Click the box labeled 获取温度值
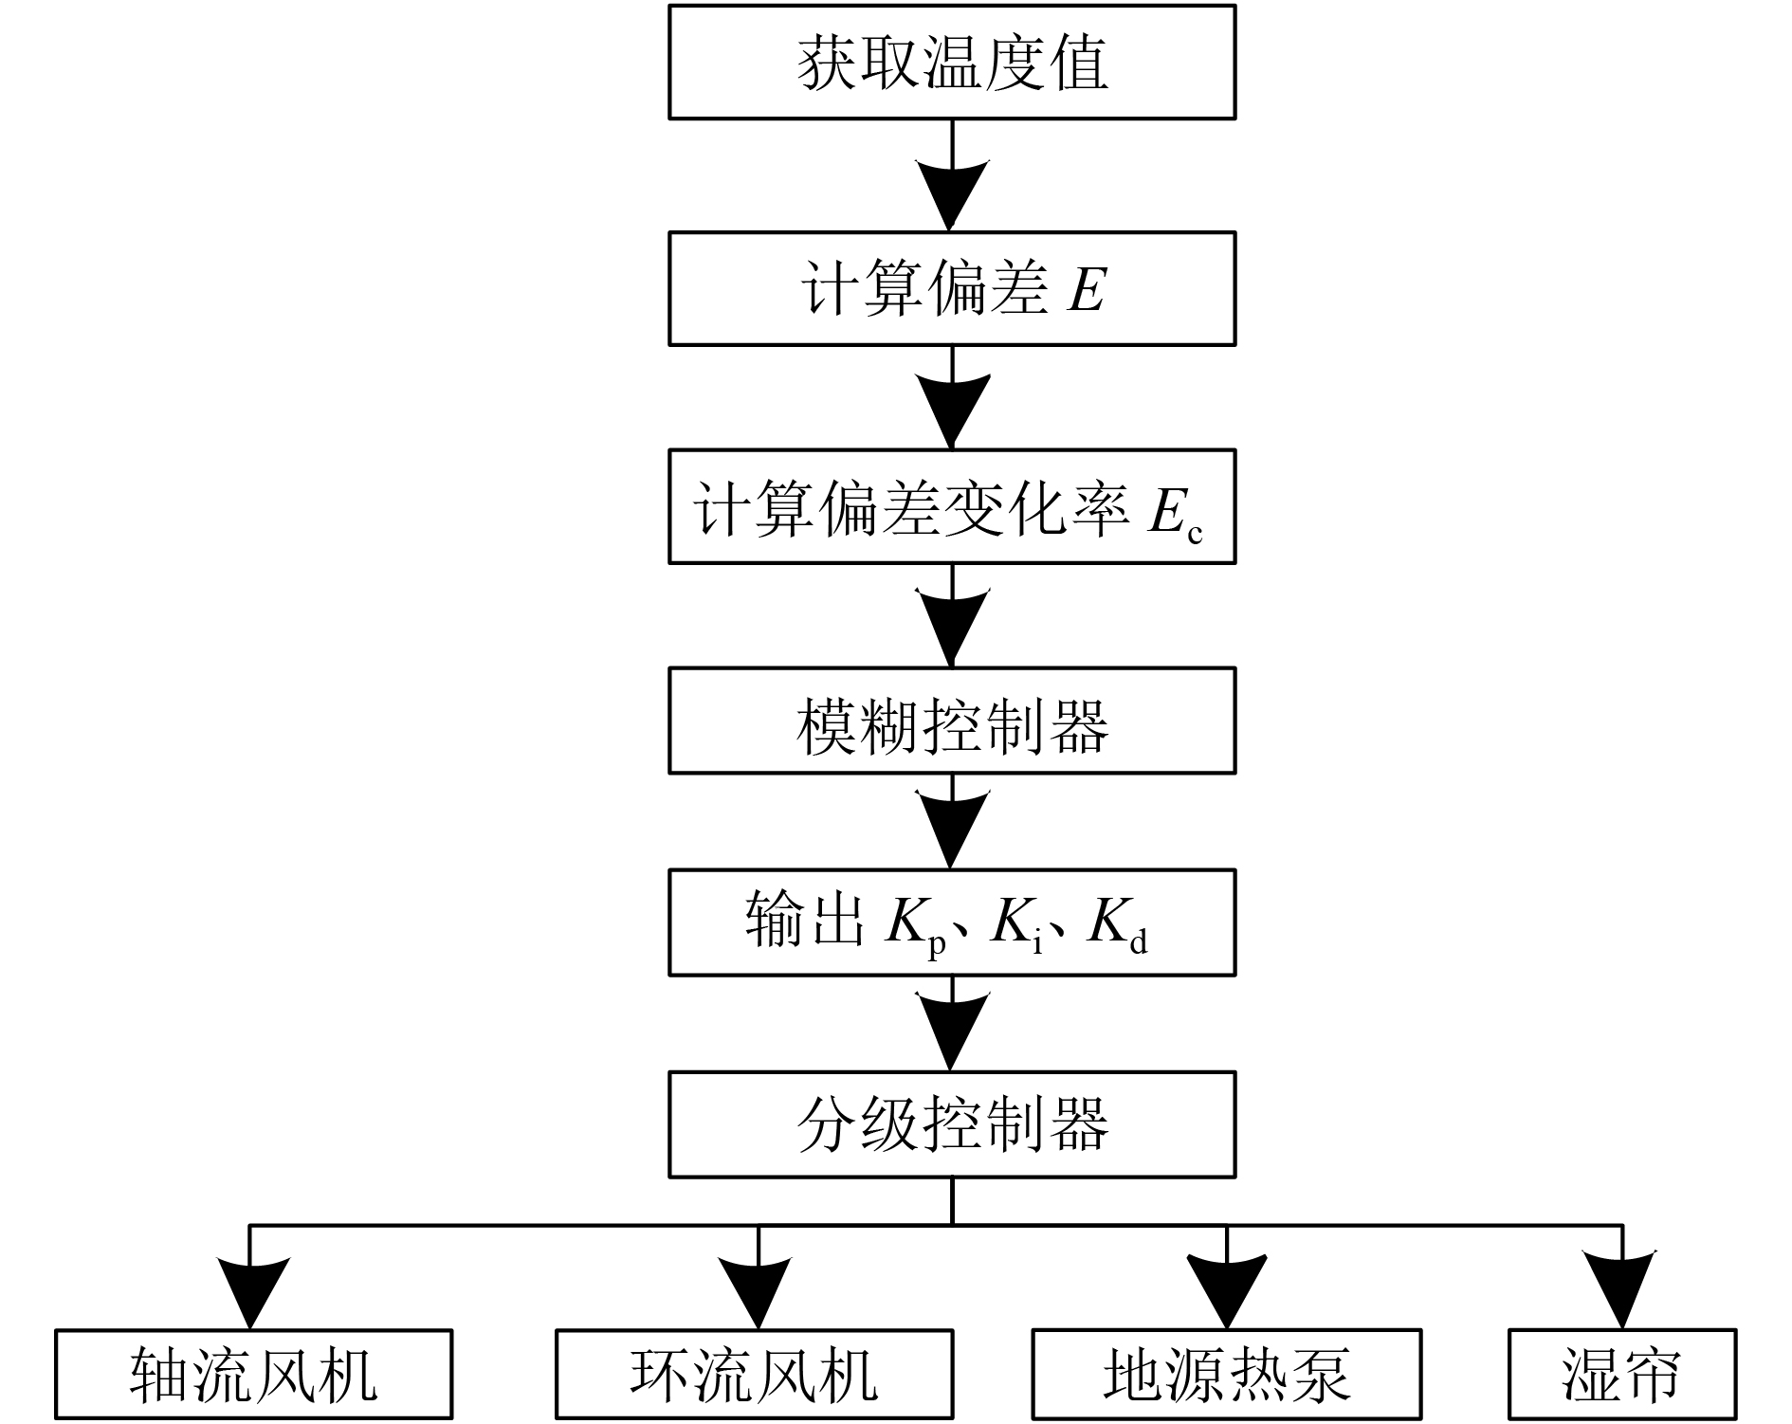coord(952,63)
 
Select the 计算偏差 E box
coord(952,288)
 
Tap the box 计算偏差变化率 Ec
coord(952,507)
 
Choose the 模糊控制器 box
coord(952,721)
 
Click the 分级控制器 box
coord(952,1125)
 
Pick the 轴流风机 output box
coord(253,1375)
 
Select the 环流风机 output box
coord(754,1375)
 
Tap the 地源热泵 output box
coord(1226,1375)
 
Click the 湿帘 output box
coord(1621,1375)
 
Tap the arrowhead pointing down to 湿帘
coord(1622,1289)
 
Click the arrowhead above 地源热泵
coord(1227,1289)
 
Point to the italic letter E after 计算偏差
coord(1087,288)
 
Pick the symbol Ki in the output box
coord(1016,924)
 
